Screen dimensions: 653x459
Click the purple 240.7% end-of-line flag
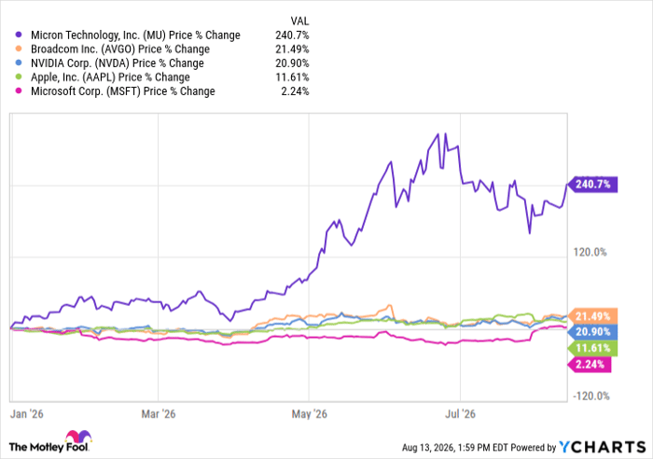[x=592, y=184]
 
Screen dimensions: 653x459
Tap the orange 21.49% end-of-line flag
[x=592, y=316]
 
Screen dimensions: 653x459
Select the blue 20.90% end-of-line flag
[x=592, y=332]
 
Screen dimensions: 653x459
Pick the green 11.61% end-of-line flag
[x=592, y=348]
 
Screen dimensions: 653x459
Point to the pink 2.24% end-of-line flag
[x=589, y=365]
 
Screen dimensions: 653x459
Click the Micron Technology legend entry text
[x=135, y=35]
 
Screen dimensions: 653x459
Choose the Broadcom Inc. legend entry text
[x=120, y=49]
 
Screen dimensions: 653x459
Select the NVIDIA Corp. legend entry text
[x=117, y=63]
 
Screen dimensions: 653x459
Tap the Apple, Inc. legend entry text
[x=110, y=77]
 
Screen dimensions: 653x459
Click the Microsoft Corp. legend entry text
[x=123, y=91]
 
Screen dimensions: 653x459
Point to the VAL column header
[x=299, y=21]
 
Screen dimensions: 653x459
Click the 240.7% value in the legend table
[x=292, y=35]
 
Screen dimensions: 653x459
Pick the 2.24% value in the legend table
[x=295, y=91]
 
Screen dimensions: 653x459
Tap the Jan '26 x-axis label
[x=27, y=414]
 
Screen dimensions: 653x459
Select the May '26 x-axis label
[x=309, y=414]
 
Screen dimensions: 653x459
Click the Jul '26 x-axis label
[x=460, y=414]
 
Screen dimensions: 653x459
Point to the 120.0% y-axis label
[x=590, y=252]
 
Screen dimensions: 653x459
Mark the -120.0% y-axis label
[x=590, y=396]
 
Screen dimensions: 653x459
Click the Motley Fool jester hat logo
[x=78, y=437]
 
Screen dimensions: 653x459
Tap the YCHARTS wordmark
[x=602, y=447]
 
